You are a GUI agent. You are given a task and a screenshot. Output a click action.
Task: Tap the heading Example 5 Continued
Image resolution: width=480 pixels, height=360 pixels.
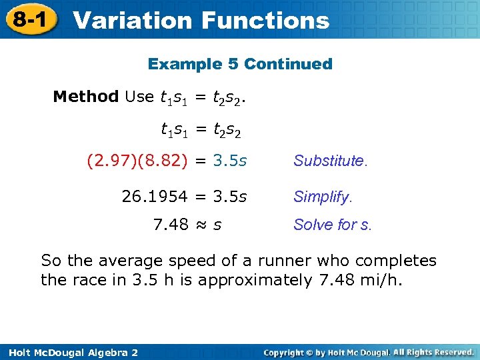(240, 64)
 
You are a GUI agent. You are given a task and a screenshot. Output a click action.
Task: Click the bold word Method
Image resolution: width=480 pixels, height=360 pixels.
(85, 97)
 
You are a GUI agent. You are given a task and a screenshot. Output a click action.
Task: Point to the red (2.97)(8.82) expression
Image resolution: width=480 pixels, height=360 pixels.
(137, 161)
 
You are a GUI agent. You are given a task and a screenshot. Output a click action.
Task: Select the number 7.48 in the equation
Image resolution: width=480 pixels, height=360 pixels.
(171, 225)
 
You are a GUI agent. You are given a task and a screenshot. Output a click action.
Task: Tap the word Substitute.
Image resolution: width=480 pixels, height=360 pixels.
(330, 161)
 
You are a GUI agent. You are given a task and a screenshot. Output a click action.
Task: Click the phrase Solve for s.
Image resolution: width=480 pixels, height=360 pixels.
(333, 225)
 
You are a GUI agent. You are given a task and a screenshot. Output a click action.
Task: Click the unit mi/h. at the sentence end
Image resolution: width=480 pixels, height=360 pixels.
(379, 280)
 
